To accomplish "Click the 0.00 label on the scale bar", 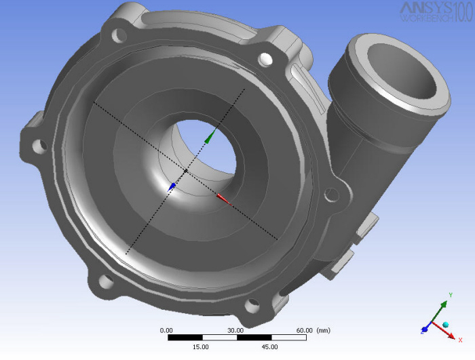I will [166, 330].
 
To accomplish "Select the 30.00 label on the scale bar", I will [235, 330].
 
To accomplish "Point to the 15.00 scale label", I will [201, 346].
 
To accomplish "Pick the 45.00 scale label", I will [270, 346].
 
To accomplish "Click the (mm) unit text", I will [324, 330].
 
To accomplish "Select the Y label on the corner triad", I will [451, 296].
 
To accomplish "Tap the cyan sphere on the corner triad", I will [446, 325].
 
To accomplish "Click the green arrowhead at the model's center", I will [212, 134].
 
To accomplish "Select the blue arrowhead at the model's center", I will [172, 185].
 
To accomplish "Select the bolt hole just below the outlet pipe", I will [331, 195].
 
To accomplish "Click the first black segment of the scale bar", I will [184, 338].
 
